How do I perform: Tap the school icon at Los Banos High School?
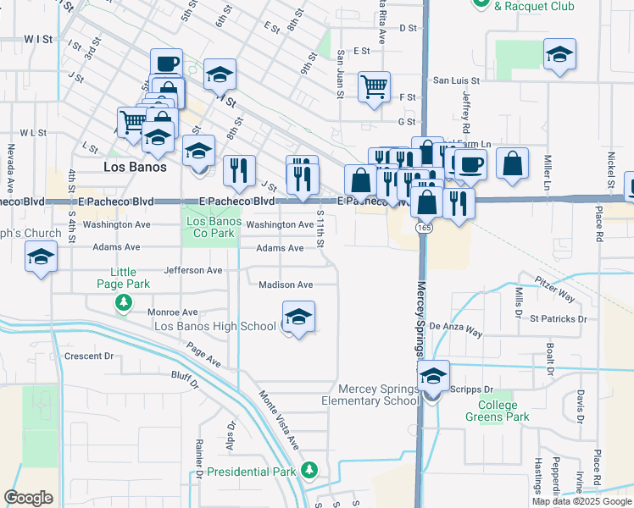298,317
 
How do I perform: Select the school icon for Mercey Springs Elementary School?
433,376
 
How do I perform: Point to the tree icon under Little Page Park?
124,301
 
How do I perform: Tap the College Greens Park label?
497,411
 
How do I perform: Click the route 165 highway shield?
421,229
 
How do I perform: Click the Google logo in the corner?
28,498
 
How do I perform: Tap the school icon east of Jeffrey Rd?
559,55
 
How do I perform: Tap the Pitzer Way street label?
554,289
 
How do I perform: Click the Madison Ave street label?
286,285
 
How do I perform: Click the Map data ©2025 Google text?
581,501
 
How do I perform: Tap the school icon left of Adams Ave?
41,257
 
